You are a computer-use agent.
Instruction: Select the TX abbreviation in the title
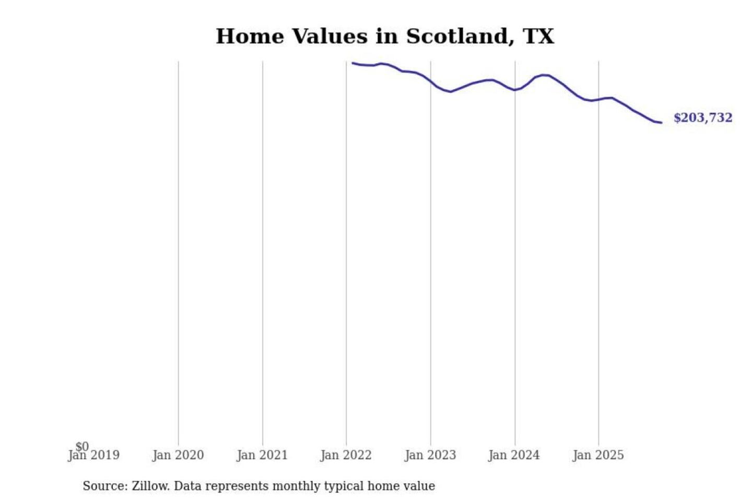(x=538, y=37)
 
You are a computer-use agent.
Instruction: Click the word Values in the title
(x=329, y=37)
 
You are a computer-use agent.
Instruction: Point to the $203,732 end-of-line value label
(x=703, y=118)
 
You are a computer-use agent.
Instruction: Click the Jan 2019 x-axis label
(x=94, y=456)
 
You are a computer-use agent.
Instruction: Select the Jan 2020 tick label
(x=178, y=456)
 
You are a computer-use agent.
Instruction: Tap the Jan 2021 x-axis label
(x=262, y=456)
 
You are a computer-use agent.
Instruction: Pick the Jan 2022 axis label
(x=346, y=456)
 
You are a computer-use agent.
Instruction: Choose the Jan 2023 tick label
(x=430, y=456)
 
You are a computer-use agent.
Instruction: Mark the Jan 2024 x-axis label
(x=514, y=456)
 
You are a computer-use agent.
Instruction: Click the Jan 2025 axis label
(x=598, y=456)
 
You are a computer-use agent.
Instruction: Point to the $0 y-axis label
(x=82, y=447)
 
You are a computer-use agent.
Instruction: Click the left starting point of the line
(x=352, y=63)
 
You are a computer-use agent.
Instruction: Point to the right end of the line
(x=661, y=123)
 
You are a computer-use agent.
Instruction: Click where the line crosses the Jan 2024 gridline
(x=515, y=90)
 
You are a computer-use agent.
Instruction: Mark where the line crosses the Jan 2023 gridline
(x=431, y=82)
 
